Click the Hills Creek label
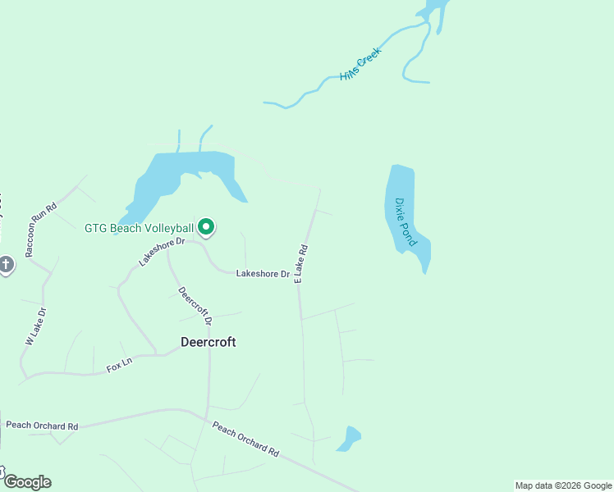coord(360,66)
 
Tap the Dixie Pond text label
coord(406,221)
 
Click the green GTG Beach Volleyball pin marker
coord(207,227)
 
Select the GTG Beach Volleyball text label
coord(139,228)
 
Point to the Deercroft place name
coord(208,342)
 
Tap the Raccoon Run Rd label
coord(40,230)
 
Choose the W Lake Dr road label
coord(35,326)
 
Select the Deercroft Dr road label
coord(195,304)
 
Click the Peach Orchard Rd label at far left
coord(42,426)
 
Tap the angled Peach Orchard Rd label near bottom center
coord(245,440)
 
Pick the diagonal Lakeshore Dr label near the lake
coord(163,249)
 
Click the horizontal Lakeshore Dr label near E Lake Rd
coord(263,273)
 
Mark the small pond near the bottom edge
coord(350,439)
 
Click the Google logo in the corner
coord(26,481)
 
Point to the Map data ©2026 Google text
coord(562,485)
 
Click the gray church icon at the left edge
coord(6,265)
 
